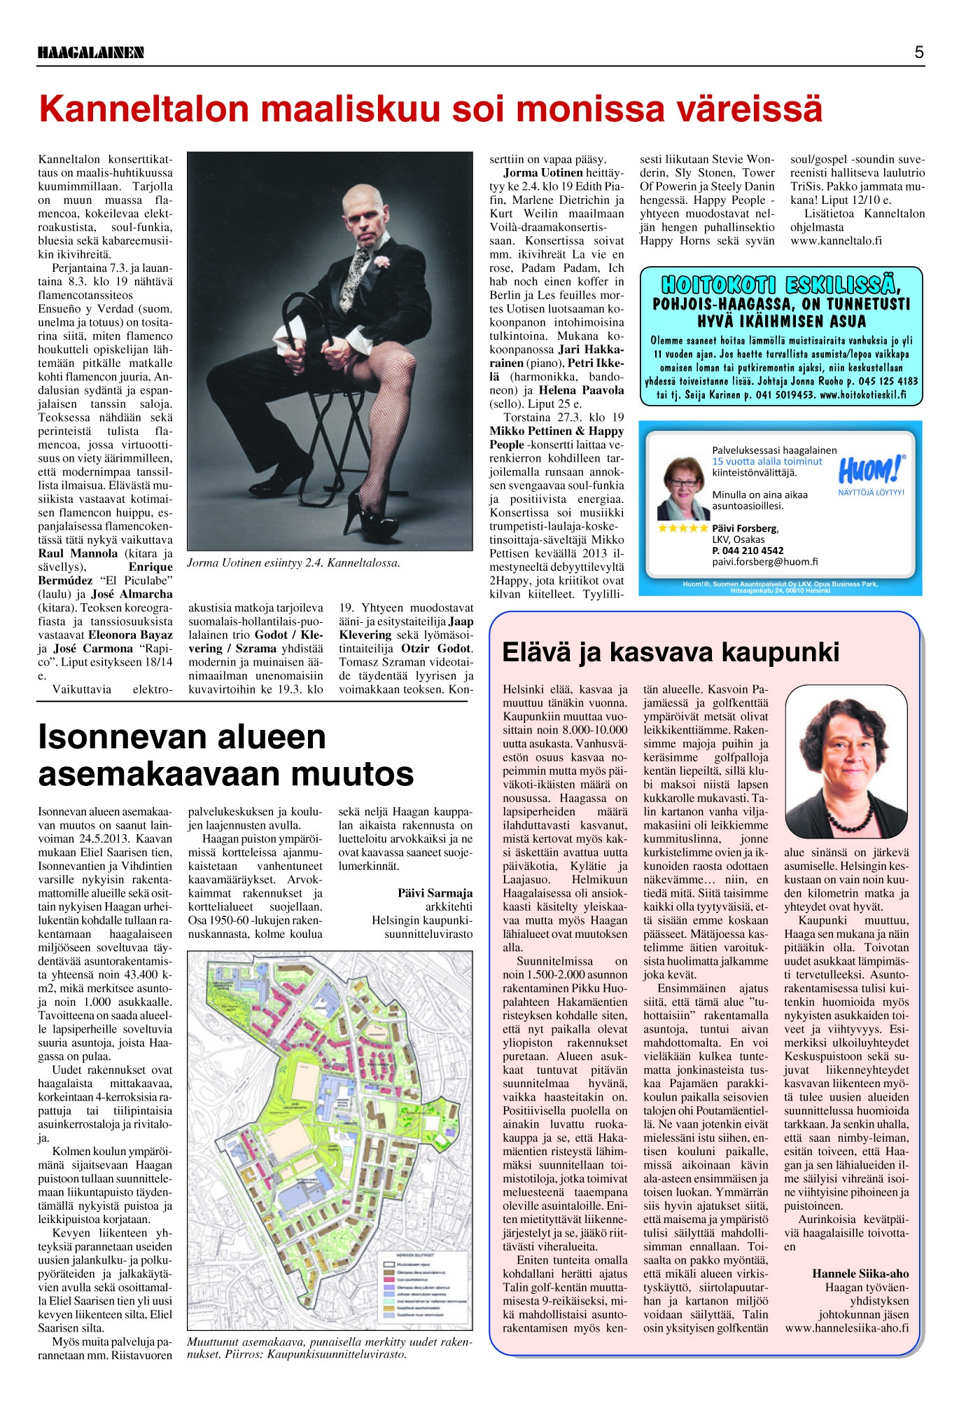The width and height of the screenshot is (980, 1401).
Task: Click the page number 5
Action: (918, 52)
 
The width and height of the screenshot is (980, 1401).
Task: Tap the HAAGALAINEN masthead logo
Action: (91, 53)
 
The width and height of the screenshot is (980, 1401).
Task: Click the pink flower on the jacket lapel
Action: (381, 261)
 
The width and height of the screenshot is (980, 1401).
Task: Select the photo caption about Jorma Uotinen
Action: (293, 563)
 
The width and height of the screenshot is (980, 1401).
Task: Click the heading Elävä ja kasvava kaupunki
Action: (671, 652)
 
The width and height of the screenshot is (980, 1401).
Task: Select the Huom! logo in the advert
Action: (871, 469)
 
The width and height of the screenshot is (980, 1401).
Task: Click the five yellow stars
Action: (683, 528)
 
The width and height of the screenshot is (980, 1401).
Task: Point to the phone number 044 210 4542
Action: (748, 551)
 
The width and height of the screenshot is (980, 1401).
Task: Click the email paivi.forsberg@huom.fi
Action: (764, 562)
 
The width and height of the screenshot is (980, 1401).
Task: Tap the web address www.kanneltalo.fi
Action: (836, 241)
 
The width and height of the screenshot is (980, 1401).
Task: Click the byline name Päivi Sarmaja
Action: (435, 893)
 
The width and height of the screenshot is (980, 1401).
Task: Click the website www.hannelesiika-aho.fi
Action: (847, 1328)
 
